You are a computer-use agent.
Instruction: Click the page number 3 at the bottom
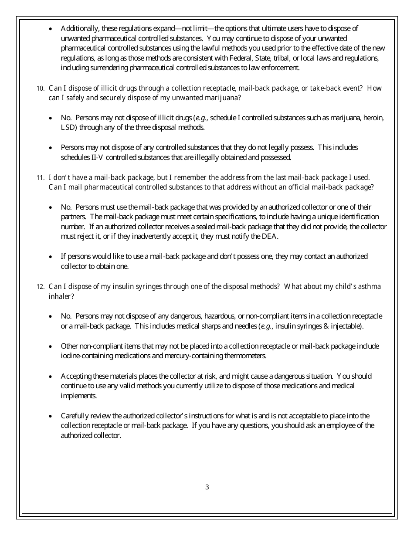207,487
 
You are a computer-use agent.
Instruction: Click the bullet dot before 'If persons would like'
51,257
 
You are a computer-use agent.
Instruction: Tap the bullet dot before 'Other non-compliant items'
51,346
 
